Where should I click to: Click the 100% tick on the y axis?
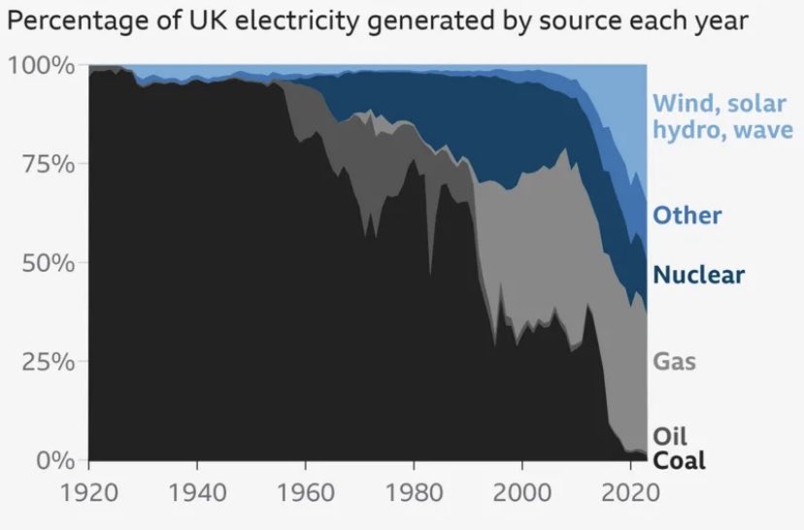point(42,66)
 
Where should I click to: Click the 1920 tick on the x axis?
point(89,491)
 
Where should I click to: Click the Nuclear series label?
point(698,275)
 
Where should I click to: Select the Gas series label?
point(674,362)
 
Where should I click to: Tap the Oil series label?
point(670,436)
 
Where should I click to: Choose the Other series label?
point(687,215)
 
